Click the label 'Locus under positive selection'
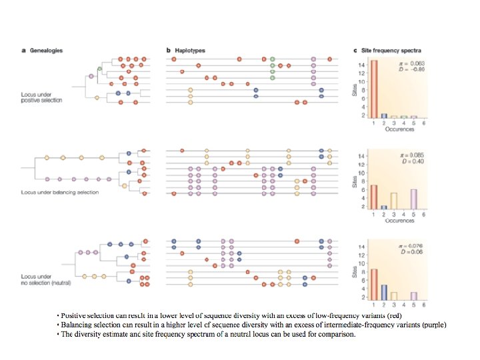[x=42, y=97]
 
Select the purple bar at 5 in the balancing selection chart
[x=413, y=199]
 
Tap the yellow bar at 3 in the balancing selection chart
[x=394, y=201]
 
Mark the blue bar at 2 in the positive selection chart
[x=384, y=115]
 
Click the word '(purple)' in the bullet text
[x=431, y=325]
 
